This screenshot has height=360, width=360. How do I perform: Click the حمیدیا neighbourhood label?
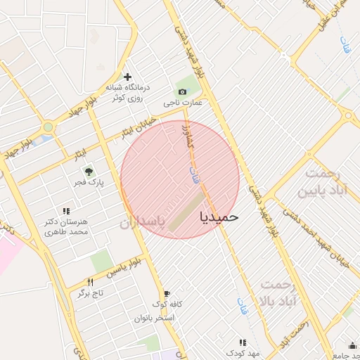219,217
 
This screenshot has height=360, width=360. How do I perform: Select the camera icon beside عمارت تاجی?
183,91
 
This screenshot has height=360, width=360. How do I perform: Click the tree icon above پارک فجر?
89,171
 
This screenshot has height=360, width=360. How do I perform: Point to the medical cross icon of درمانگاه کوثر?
127,77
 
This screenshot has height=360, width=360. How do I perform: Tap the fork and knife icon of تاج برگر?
90,282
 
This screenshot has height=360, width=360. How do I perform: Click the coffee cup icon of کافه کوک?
167,294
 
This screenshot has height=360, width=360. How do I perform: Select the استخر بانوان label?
155,318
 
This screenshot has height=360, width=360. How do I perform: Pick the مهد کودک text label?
243,352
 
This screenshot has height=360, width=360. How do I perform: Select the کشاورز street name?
186,136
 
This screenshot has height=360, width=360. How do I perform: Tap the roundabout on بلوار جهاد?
48,127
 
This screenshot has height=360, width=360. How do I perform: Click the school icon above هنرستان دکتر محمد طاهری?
66,210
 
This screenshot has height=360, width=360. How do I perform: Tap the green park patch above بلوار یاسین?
102,261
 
